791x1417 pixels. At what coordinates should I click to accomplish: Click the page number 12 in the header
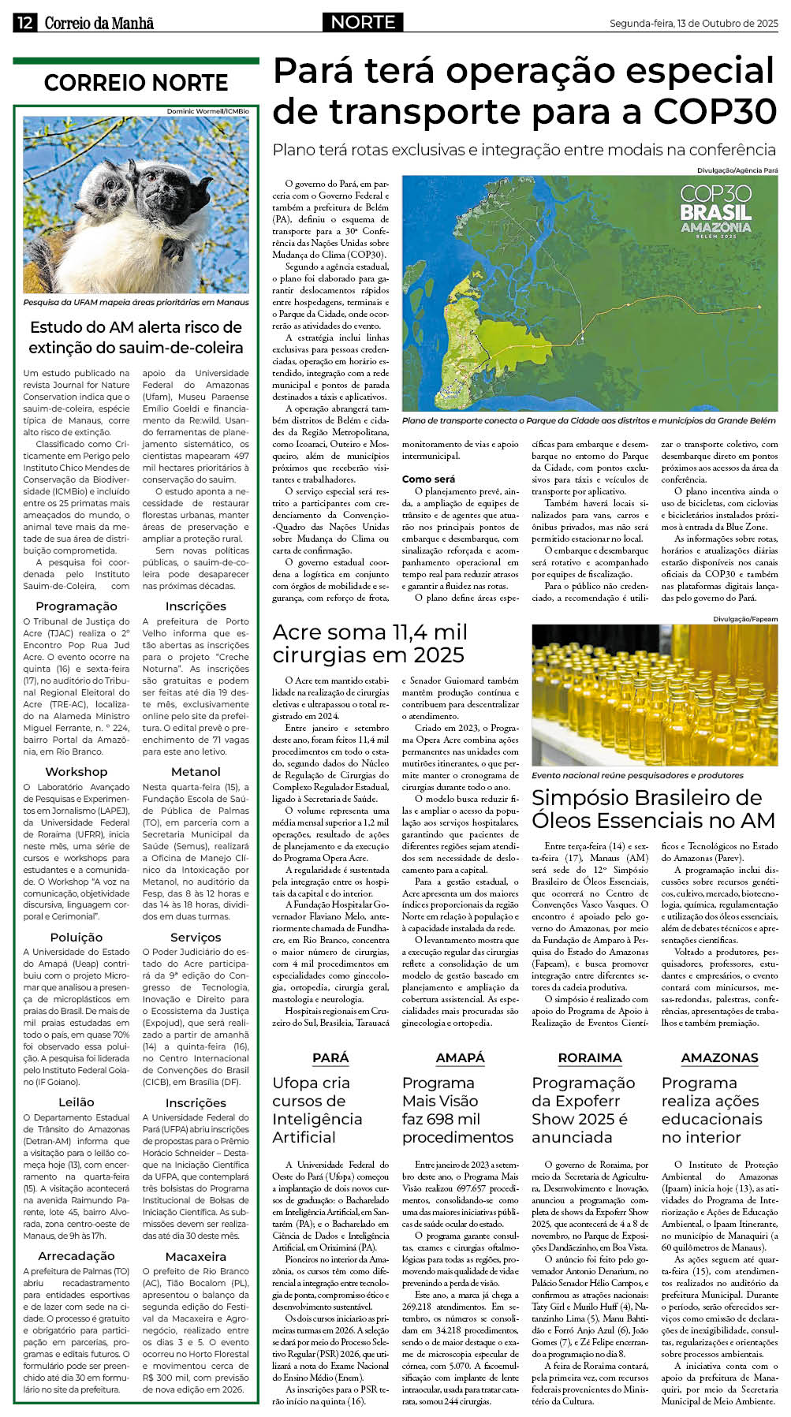[x=24, y=23]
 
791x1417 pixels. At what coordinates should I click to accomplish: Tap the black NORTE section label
[x=363, y=22]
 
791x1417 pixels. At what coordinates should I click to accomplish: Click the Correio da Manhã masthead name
[x=99, y=24]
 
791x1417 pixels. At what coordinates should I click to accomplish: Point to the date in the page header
[x=693, y=24]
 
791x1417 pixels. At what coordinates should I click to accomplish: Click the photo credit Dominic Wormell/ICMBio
[x=207, y=111]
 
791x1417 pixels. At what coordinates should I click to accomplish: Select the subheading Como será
[x=428, y=479]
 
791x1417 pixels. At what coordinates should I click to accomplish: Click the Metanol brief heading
[x=196, y=771]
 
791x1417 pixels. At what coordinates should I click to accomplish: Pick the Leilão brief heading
[x=76, y=1102]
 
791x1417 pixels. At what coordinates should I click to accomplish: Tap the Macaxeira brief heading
[x=196, y=1255]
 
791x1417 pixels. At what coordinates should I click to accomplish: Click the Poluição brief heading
[x=76, y=937]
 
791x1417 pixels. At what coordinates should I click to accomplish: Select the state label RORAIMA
[x=590, y=1057]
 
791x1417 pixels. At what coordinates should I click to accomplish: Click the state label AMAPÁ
[x=460, y=1057]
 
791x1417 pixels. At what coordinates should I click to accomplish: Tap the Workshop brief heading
[x=76, y=771]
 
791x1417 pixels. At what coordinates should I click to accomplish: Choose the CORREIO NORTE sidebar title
[x=136, y=83]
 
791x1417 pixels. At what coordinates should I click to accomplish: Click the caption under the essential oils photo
[x=637, y=775]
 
